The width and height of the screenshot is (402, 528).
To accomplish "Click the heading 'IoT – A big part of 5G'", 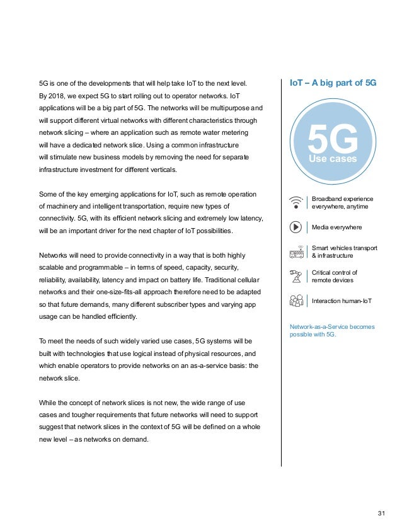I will [332, 83].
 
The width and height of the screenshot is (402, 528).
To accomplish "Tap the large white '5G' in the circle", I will [333, 140].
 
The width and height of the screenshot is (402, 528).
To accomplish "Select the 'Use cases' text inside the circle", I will [332, 159].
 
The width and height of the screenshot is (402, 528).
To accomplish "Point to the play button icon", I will [295, 226].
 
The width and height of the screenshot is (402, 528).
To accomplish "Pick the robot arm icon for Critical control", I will [295, 276].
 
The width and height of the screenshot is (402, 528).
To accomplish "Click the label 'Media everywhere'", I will [338, 227].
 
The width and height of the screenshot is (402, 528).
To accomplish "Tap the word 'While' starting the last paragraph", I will [49, 402].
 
